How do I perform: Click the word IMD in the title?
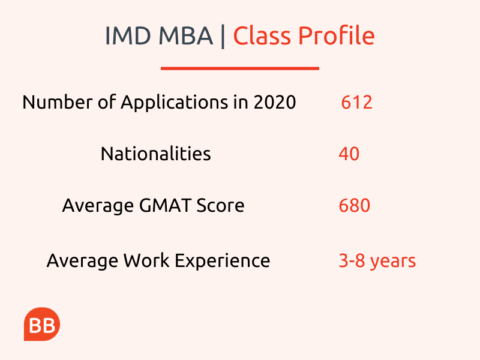point(128,36)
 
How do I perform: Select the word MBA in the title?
point(185,36)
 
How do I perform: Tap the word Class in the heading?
point(262,35)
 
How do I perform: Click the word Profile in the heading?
point(337,35)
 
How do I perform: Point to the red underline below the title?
point(240,68)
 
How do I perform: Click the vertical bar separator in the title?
point(223,36)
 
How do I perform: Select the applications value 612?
point(356,102)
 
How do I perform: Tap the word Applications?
point(175,103)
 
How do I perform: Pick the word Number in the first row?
point(56,102)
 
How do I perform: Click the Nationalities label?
point(156,154)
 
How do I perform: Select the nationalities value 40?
point(349,154)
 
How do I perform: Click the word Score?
point(220,205)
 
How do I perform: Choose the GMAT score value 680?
point(355,205)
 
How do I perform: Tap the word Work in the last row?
point(146,260)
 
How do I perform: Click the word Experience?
point(223,262)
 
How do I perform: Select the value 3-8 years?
point(377,262)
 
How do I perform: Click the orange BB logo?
point(42,324)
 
